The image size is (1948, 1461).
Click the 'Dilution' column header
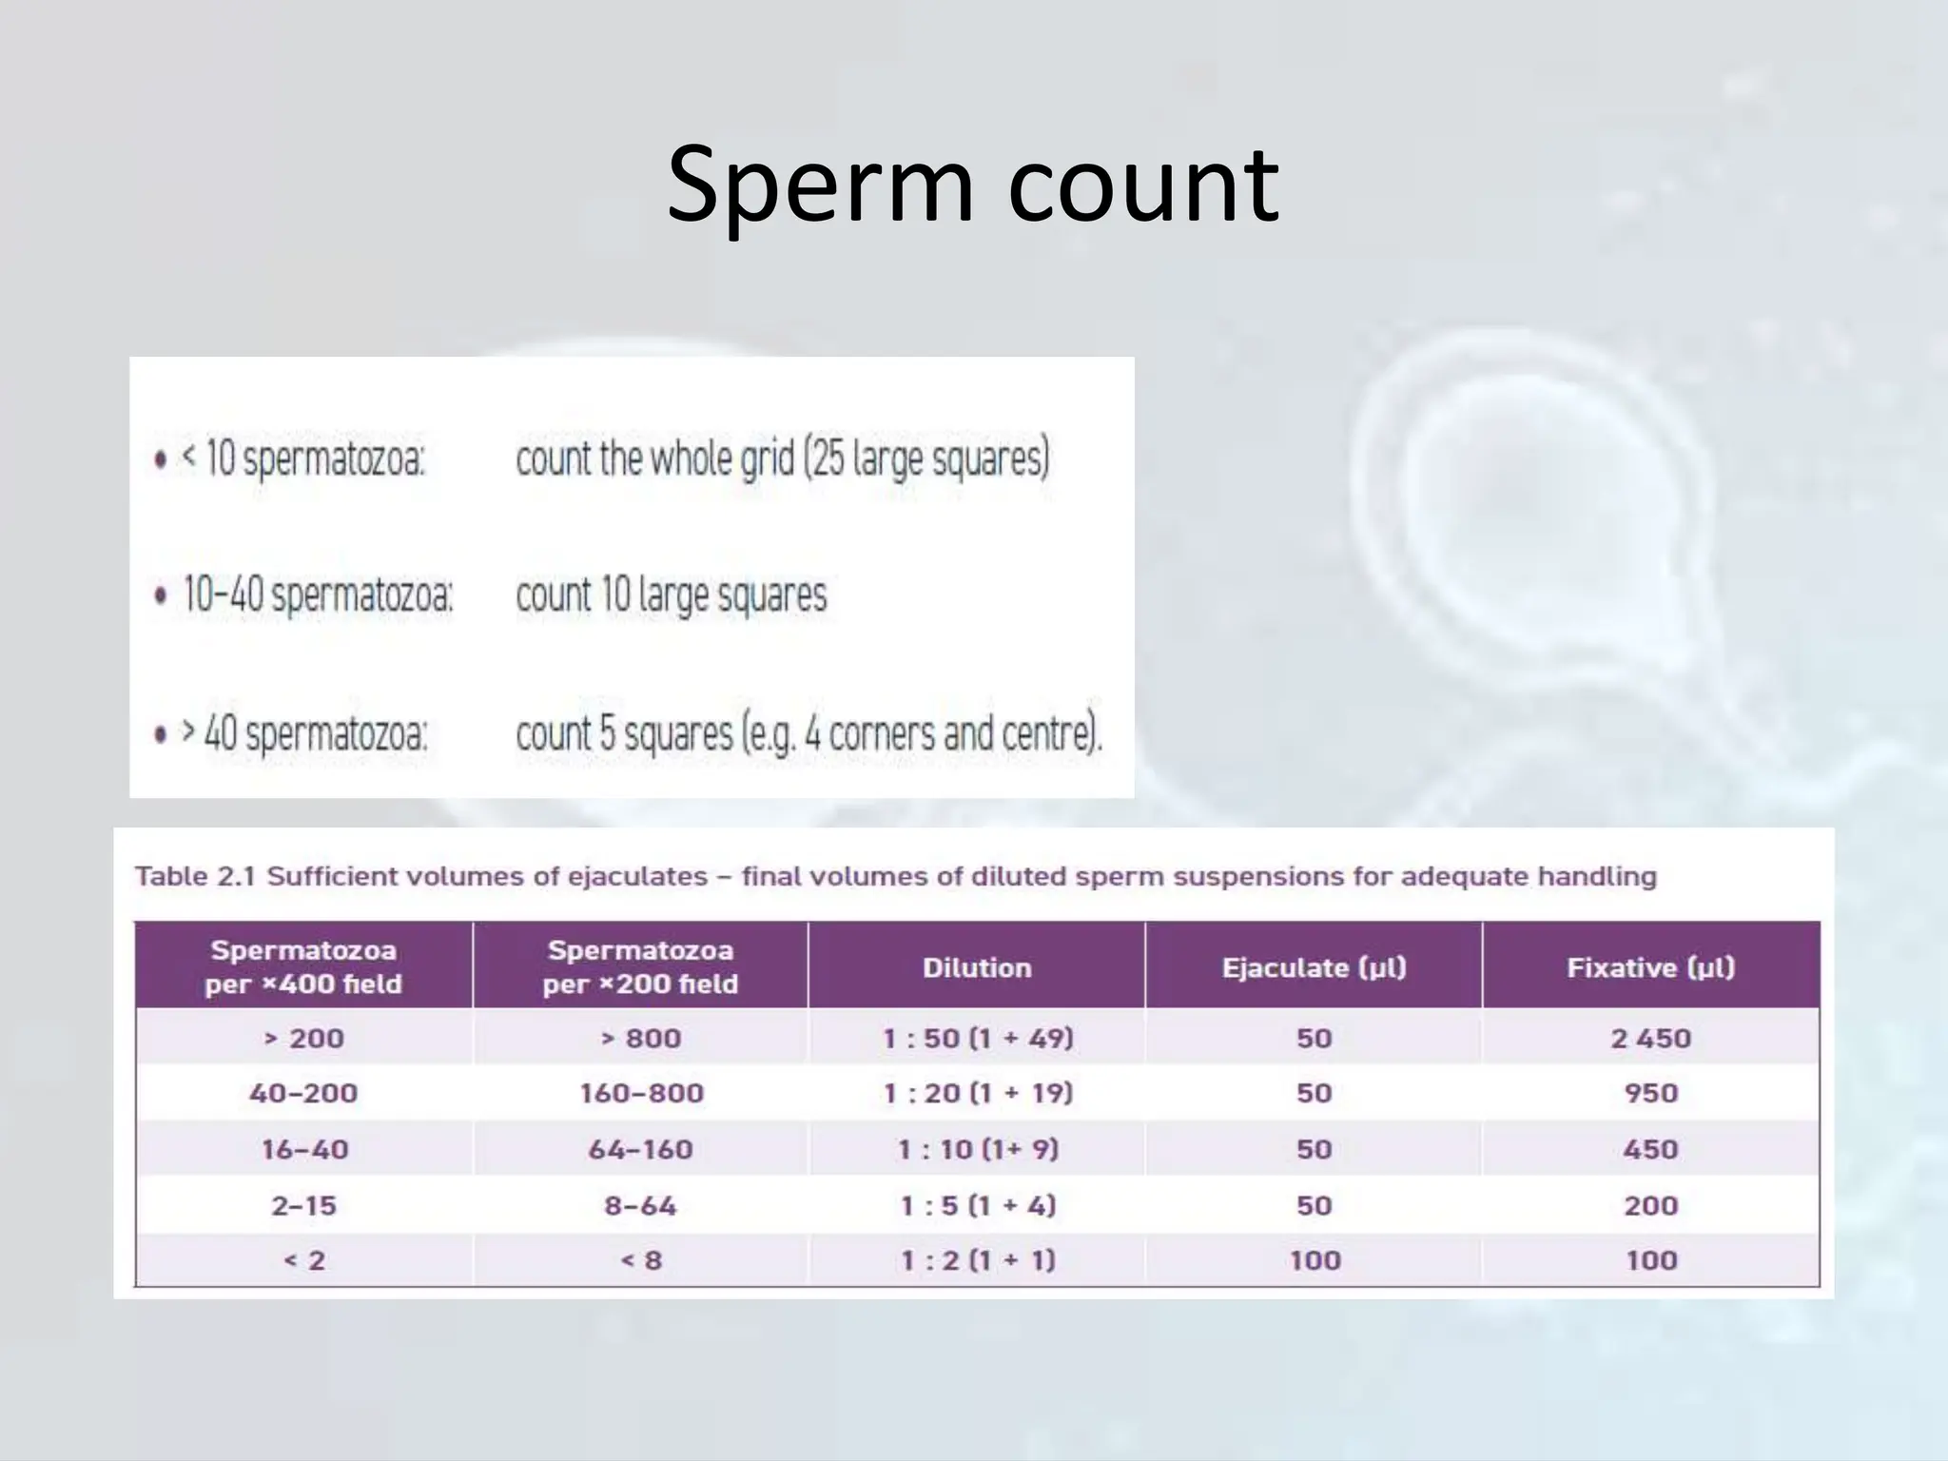[977, 967]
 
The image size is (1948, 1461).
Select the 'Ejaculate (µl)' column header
[1314, 967]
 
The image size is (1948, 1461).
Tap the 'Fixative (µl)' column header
[1650, 967]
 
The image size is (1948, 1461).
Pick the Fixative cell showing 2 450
[1650, 1038]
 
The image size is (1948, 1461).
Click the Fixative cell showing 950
[1650, 1093]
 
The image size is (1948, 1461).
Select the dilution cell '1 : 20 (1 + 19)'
[978, 1093]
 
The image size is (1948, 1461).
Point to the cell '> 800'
[640, 1038]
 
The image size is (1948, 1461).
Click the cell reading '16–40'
[304, 1149]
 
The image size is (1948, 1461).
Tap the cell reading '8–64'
[640, 1205]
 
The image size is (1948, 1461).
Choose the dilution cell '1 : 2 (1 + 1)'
[978, 1260]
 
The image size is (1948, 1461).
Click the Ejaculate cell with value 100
[1315, 1260]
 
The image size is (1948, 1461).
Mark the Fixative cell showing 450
[1650, 1149]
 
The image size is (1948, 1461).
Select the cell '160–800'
[641, 1093]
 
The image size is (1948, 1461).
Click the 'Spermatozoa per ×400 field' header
[303, 966]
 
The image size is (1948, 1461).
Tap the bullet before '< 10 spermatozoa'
[161, 460]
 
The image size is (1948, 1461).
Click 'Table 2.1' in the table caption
[195, 876]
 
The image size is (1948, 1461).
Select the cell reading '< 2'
[304, 1260]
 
